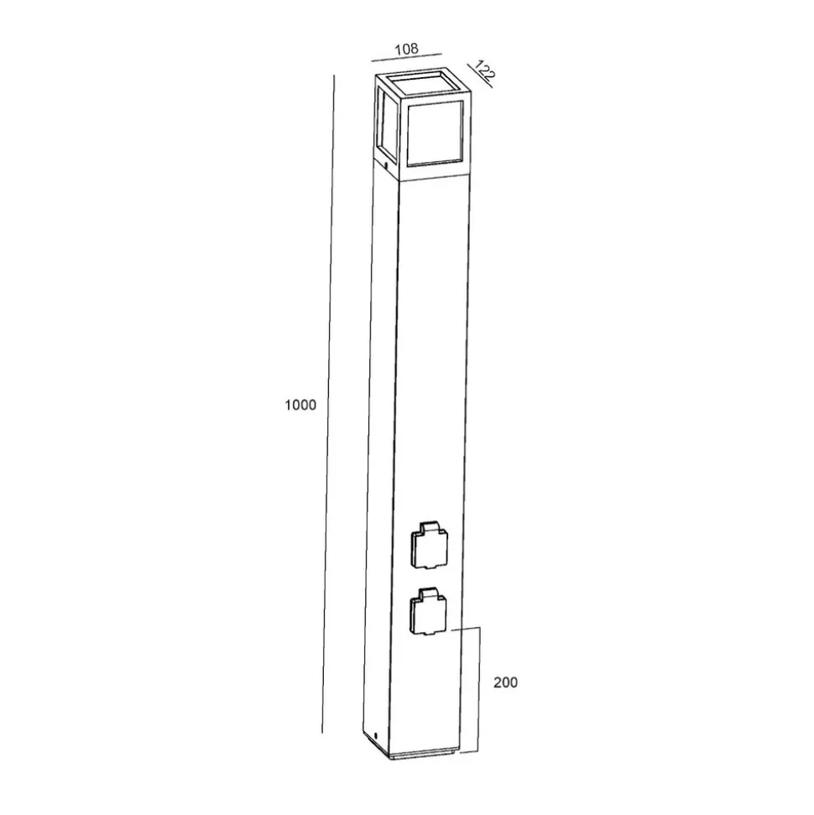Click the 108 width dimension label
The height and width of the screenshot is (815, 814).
point(406,49)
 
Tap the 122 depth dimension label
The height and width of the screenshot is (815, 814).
point(484,71)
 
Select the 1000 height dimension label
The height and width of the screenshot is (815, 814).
point(300,405)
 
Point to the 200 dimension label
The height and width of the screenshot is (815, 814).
point(505,682)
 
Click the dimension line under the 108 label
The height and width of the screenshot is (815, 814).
point(406,57)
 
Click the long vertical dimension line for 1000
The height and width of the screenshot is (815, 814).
point(328,404)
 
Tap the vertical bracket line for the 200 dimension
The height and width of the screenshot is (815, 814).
point(478,690)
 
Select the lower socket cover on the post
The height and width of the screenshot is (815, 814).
point(428,611)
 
